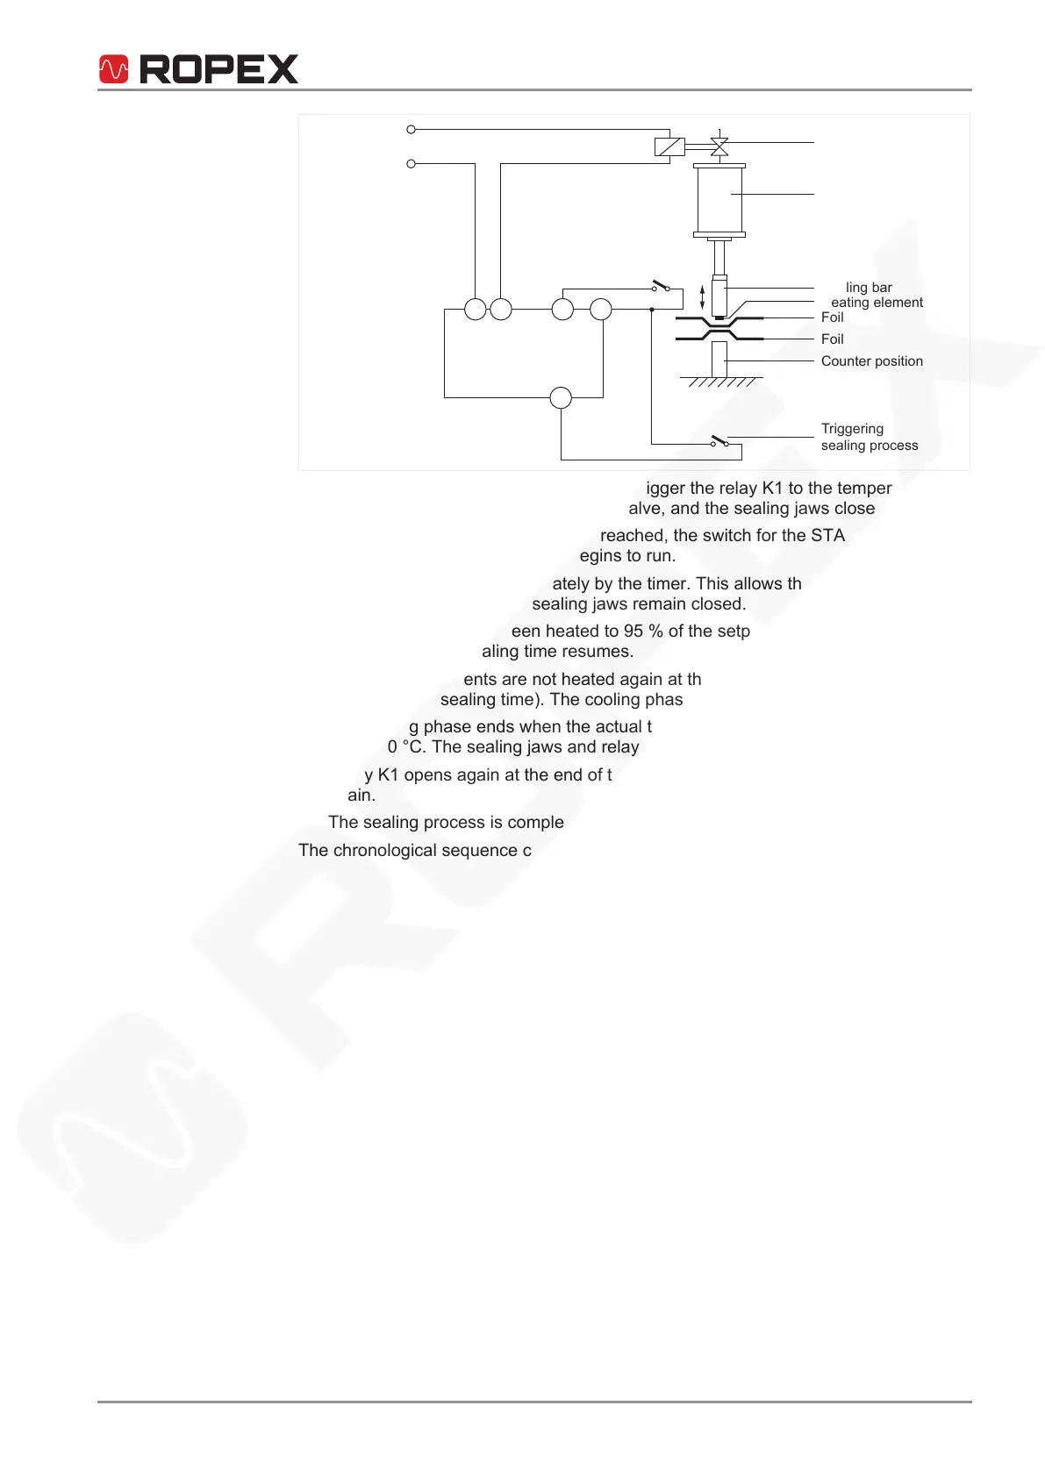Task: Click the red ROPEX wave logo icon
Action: pyautogui.click(x=114, y=69)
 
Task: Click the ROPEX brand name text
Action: pyautogui.click(x=219, y=69)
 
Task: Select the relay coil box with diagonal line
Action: pyautogui.click(x=669, y=146)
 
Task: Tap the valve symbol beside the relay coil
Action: pyautogui.click(x=719, y=146)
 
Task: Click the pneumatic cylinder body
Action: pyautogui.click(x=719, y=199)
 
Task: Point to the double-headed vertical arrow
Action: pyautogui.click(x=702, y=296)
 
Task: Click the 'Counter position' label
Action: pyautogui.click(x=871, y=361)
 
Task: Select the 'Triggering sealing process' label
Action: pyautogui.click(x=869, y=437)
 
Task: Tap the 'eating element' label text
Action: pyautogui.click(x=877, y=303)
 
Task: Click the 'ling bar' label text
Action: pyautogui.click(x=869, y=288)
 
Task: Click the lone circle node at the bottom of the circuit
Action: pyautogui.click(x=561, y=398)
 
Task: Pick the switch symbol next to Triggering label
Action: pyautogui.click(x=719, y=440)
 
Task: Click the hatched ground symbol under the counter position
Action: pyautogui.click(x=721, y=382)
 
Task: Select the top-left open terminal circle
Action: pyautogui.click(x=411, y=130)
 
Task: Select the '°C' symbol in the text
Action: pyautogui.click(x=413, y=747)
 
